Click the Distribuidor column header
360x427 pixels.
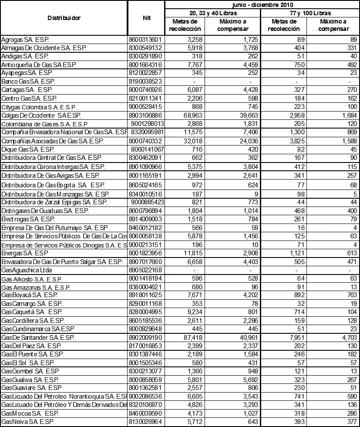[x=64, y=18]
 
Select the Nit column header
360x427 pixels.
[x=147, y=18]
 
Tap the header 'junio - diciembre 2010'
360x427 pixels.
[x=262, y=4]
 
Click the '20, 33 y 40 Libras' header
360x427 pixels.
[x=212, y=13]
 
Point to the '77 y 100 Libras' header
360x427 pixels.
[x=310, y=13]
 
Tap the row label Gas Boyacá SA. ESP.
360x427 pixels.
[x=30, y=295]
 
